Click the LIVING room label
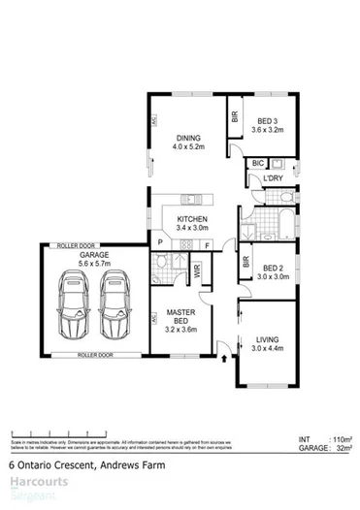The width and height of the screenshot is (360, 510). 267,339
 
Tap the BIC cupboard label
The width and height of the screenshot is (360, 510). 258,165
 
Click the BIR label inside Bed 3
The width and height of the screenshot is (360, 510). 235,115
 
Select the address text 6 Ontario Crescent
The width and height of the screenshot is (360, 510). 45,463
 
